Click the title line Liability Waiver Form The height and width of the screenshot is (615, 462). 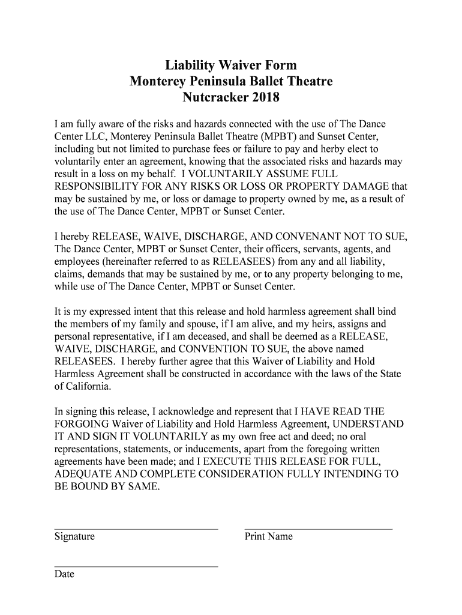[231, 65]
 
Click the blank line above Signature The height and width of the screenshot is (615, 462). [136, 529]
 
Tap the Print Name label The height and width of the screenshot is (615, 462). [269, 537]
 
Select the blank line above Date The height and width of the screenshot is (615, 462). [136, 566]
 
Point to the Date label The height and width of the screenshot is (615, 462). [64, 574]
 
